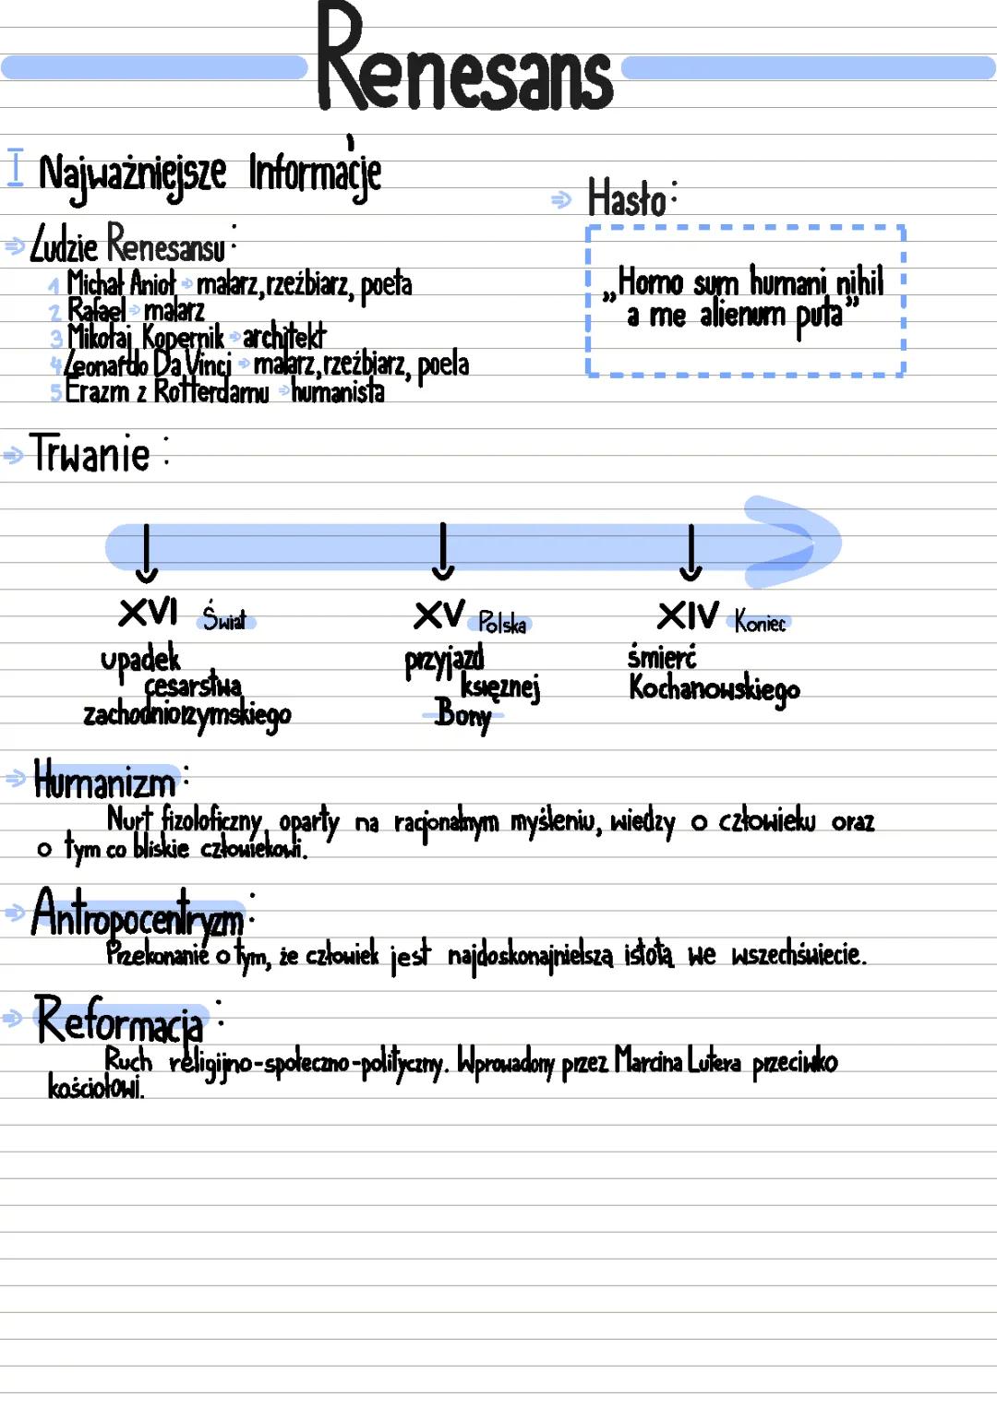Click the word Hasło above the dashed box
pyautogui.click(x=628, y=199)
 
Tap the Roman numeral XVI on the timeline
pyautogui.click(x=148, y=612)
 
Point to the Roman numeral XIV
pyautogui.click(x=688, y=616)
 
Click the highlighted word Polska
pyautogui.click(x=502, y=625)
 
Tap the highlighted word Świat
pyautogui.click(x=225, y=620)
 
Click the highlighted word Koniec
pyautogui.click(x=760, y=623)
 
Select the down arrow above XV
pyautogui.click(x=443, y=552)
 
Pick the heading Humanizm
pyautogui.click(x=104, y=782)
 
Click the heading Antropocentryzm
pyautogui.click(x=138, y=913)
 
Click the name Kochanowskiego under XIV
pyautogui.click(x=714, y=689)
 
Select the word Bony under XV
pyautogui.click(x=463, y=713)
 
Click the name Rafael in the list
pyautogui.click(x=97, y=310)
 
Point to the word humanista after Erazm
pyautogui.click(x=338, y=393)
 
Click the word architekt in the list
pyautogui.click(x=284, y=338)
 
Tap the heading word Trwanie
pyautogui.click(x=90, y=454)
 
